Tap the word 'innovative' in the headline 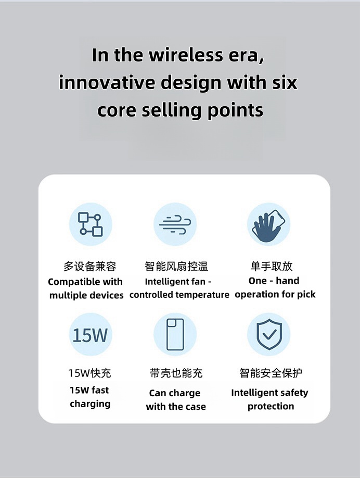pyautogui.click(x=107, y=82)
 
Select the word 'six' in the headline pyautogui.click(x=285, y=82)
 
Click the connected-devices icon pyautogui.click(x=91, y=224)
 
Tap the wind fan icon pyautogui.click(x=175, y=224)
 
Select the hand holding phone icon pyautogui.click(x=268, y=224)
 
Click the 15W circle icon pyautogui.click(x=91, y=334)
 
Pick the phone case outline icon pyautogui.click(x=175, y=334)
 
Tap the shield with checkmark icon pyautogui.click(x=268, y=334)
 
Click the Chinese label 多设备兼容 pyautogui.click(x=90, y=266)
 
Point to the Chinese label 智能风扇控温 pyautogui.click(x=176, y=266)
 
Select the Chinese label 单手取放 pyautogui.click(x=272, y=266)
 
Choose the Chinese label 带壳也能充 pyautogui.click(x=176, y=373)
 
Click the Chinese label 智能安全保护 pyautogui.click(x=271, y=372)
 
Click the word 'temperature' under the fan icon pyautogui.click(x=202, y=295)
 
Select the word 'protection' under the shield pyautogui.click(x=271, y=406)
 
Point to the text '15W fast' pyautogui.click(x=89, y=390)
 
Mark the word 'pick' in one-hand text pyautogui.click(x=306, y=295)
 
